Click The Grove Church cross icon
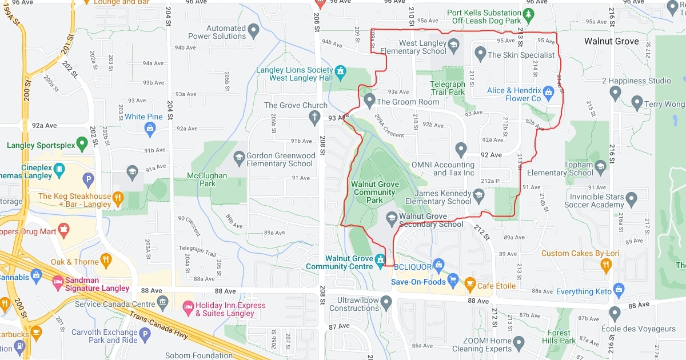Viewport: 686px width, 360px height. (x=314, y=118)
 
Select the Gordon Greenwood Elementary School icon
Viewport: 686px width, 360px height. (x=240, y=156)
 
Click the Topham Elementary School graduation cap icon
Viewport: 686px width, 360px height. (x=600, y=166)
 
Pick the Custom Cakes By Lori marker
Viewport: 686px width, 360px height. (x=606, y=264)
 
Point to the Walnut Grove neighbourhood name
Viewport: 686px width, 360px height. (x=611, y=41)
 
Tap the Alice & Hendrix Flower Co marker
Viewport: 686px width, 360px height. (x=549, y=91)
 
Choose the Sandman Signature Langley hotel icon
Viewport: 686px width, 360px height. (x=58, y=281)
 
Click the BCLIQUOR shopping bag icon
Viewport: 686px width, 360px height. (x=438, y=264)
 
